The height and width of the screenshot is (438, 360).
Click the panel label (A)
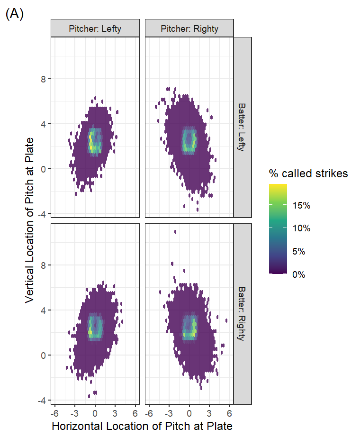[x=14, y=14]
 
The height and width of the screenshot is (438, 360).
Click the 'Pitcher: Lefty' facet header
[x=95, y=28]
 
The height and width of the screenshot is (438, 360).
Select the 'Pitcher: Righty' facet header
[x=189, y=28]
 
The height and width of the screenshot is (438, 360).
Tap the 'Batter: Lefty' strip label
[x=242, y=127]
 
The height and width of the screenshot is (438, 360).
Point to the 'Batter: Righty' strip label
[x=242, y=313]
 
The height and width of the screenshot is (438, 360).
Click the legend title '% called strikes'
[x=308, y=174]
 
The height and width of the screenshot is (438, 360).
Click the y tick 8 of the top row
[x=42, y=78]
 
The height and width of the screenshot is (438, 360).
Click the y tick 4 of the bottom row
[x=42, y=310]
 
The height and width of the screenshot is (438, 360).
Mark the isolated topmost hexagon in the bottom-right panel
[x=175, y=232]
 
